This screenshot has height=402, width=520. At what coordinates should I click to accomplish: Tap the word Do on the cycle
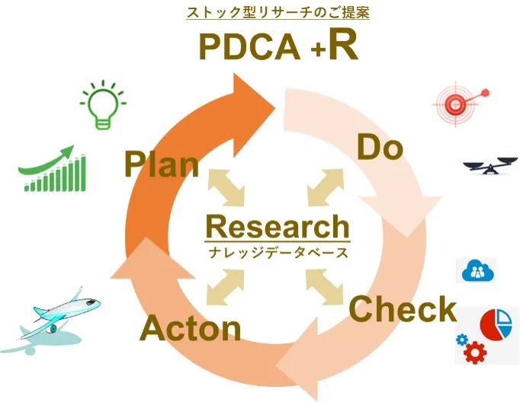pos(380,148)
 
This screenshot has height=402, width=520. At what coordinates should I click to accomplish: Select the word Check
pos(402,309)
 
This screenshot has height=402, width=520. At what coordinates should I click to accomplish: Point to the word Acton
pos(191,329)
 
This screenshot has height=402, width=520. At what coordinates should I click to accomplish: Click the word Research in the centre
pos(278,226)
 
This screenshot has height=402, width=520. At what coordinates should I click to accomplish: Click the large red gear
pos(475,353)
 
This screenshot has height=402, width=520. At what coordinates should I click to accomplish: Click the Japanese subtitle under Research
pos(278,252)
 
